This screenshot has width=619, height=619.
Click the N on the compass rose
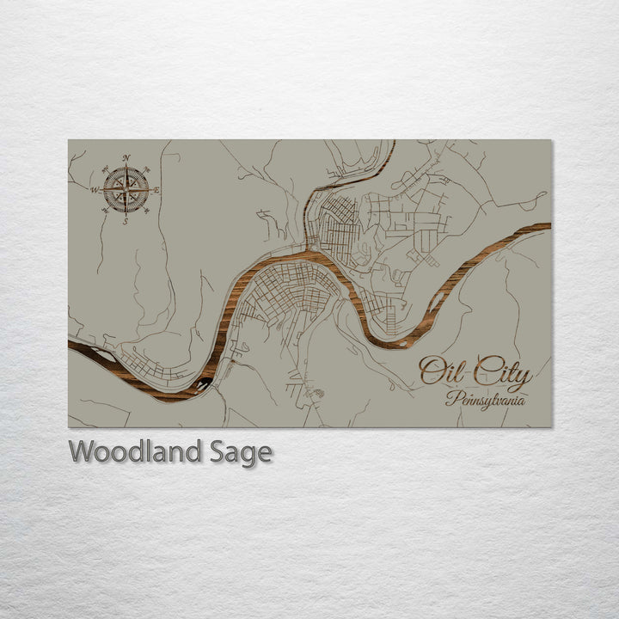(126, 157)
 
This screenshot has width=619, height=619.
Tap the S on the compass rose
(126, 221)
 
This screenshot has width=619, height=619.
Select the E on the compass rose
(156, 190)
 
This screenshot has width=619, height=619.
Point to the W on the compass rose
(95, 189)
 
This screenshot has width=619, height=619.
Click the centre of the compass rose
(126, 189)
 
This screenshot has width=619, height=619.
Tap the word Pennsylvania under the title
(487, 400)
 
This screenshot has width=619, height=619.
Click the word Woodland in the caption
(136, 451)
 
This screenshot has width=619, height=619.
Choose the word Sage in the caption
(241, 452)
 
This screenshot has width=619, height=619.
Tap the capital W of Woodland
(82, 451)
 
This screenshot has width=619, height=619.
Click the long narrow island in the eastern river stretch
(437, 303)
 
